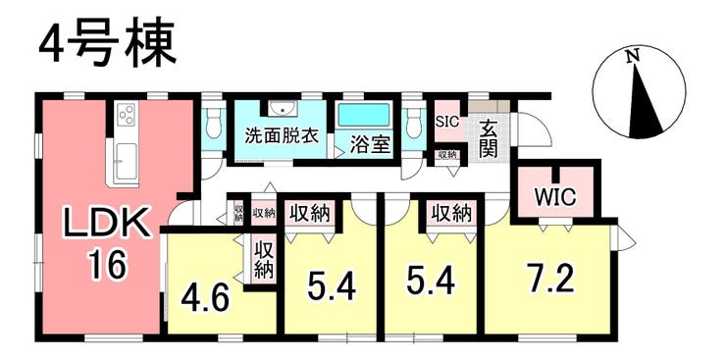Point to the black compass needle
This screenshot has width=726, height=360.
click(644, 103)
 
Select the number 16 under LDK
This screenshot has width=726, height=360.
click(108, 266)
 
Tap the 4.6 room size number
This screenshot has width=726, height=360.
click(205, 299)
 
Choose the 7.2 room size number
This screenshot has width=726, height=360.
click(552, 279)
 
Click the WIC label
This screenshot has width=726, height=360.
click(555, 197)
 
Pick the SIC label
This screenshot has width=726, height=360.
click(447, 122)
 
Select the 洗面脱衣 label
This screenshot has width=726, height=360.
click(281, 137)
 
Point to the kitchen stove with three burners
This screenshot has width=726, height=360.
click(127, 115)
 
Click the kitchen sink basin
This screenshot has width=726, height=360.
click(126, 162)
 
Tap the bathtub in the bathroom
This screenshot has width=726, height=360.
click(364, 115)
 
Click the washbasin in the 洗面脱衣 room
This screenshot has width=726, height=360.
click(282, 109)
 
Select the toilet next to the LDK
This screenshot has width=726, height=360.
click(214, 123)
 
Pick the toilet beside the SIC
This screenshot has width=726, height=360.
click(413, 123)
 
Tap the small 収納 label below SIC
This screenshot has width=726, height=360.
click(447, 155)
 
